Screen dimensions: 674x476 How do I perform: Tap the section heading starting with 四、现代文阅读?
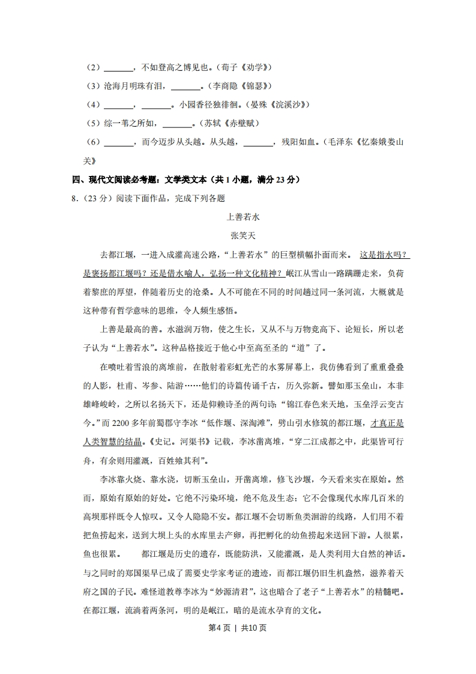click(x=186, y=180)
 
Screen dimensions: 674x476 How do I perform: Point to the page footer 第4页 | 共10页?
click(x=238, y=628)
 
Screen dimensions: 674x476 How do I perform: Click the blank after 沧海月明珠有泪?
click(x=188, y=86)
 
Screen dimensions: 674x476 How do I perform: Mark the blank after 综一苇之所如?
click(x=176, y=124)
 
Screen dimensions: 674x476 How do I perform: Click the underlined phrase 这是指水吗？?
click(x=385, y=255)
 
